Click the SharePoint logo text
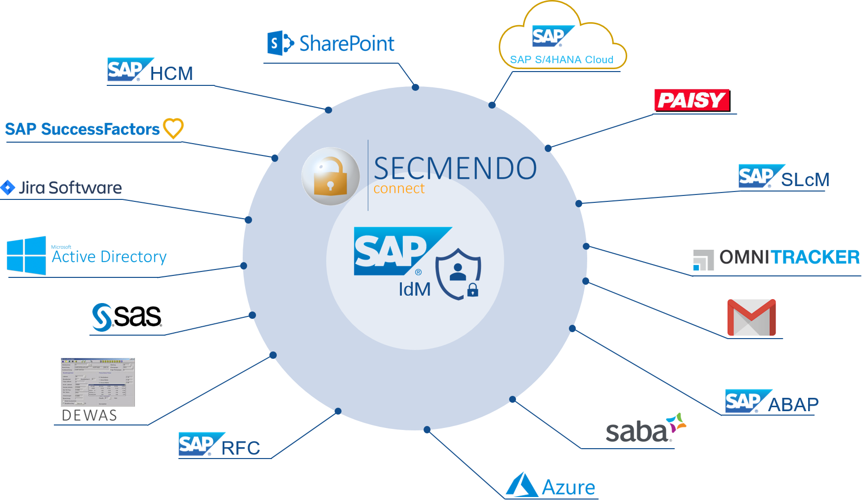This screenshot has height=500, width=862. (346, 43)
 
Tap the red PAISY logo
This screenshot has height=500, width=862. (692, 101)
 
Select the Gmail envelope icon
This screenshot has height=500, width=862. (751, 317)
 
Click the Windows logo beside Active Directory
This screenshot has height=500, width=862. (26, 255)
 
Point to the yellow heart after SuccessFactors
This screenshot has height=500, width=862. (173, 128)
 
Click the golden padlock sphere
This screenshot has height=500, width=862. (331, 176)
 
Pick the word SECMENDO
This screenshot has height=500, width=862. (455, 168)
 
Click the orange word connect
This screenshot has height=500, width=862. (399, 189)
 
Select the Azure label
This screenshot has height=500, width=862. (568, 487)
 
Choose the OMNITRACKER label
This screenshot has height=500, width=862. (789, 257)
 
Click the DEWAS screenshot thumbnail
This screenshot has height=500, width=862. (98, 382)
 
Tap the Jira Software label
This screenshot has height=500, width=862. (70, 188)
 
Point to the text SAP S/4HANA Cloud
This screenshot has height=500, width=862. (561, 60)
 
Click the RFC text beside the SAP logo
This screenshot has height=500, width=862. (241, 448)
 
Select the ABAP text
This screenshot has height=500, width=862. (793, 405)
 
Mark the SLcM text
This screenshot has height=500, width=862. (805, 180)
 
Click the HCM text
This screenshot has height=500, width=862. (172, 74)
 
